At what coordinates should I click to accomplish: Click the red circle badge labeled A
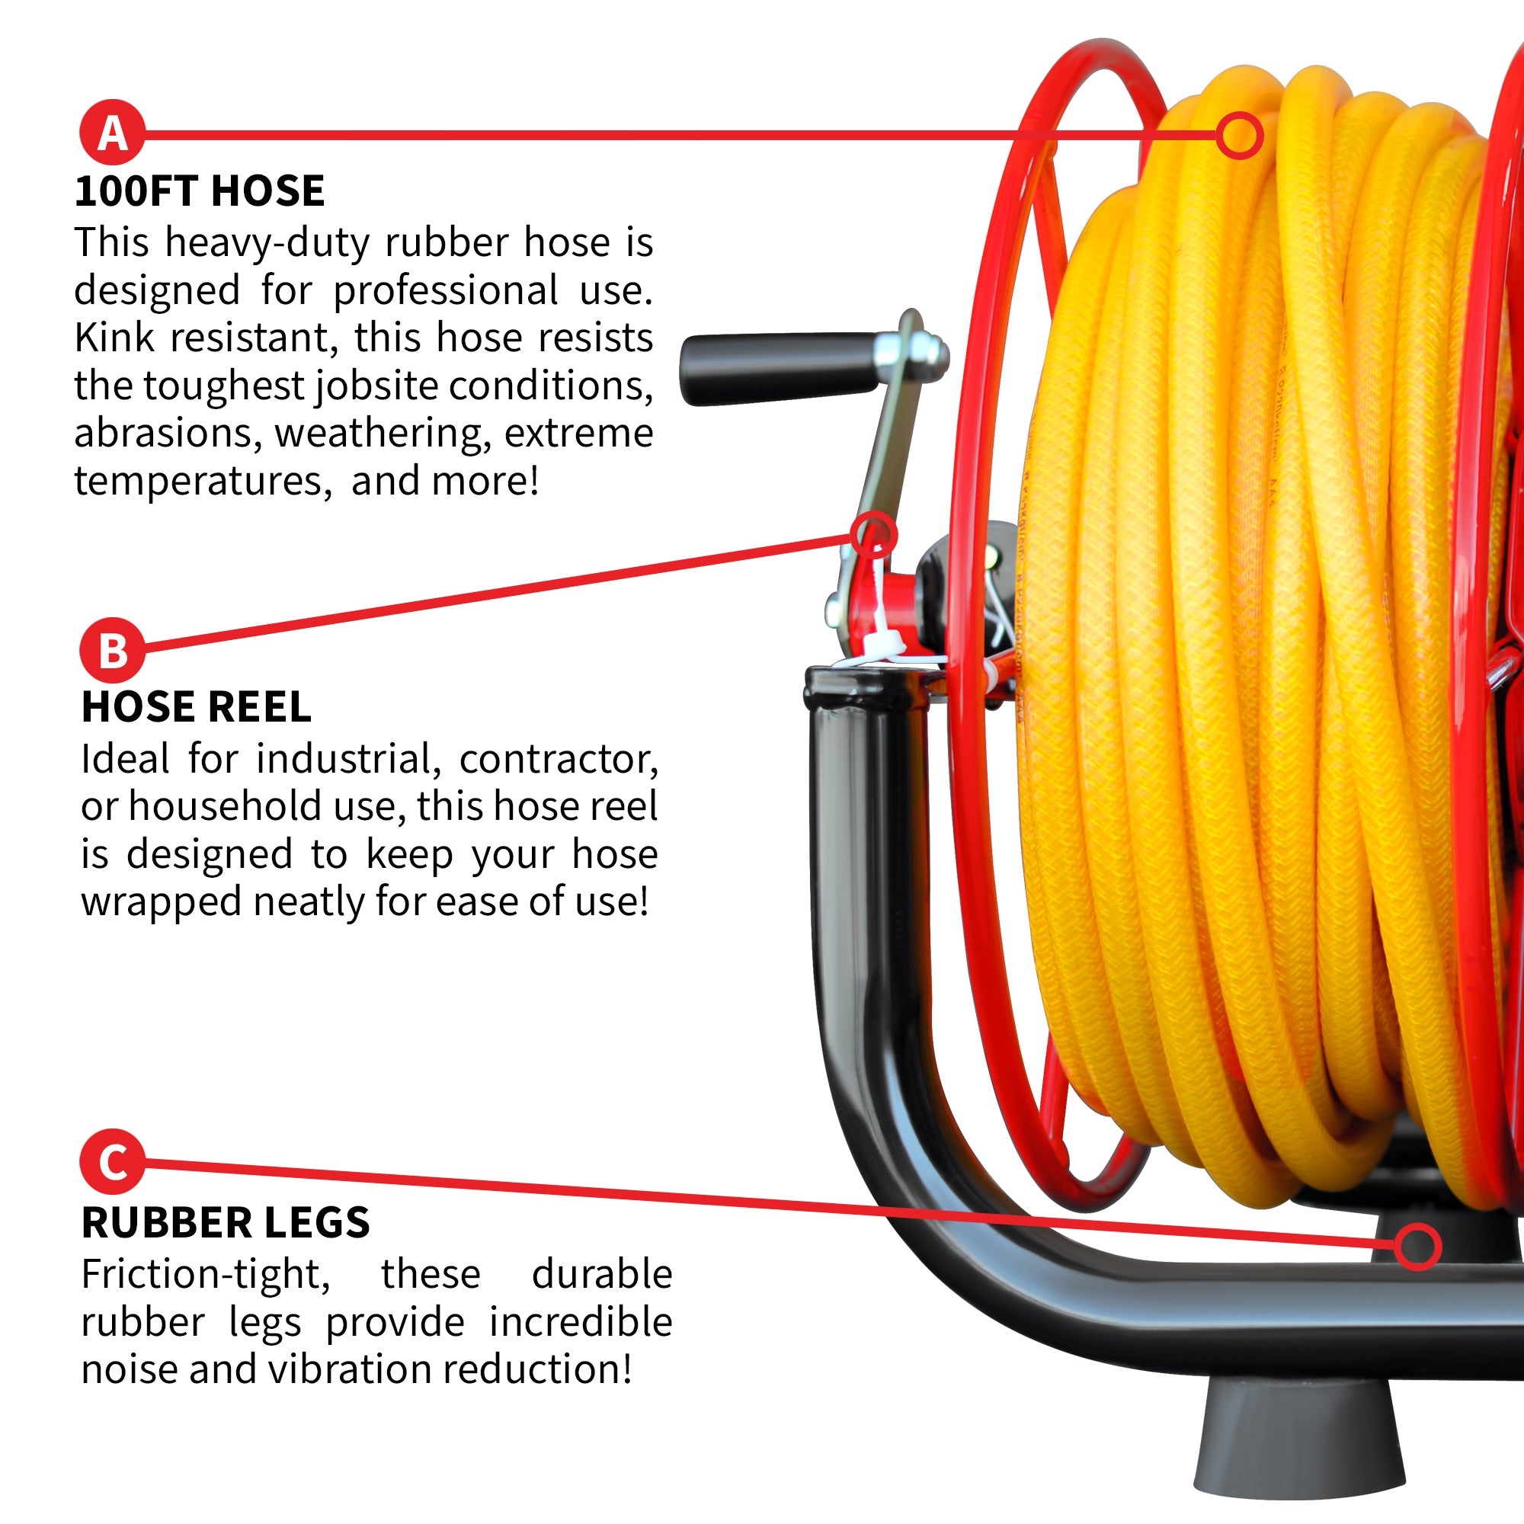112,133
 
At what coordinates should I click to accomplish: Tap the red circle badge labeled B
113,651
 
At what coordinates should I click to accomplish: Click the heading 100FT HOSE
200,191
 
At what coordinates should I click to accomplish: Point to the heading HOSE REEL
197,707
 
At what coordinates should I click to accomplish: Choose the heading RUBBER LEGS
226,1223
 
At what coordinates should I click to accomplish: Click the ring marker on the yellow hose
1239,135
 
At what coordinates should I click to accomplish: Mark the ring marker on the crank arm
874,535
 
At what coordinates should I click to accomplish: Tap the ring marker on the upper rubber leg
1417,1247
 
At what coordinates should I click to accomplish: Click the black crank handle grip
781,368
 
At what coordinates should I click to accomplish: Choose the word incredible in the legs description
581,1322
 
